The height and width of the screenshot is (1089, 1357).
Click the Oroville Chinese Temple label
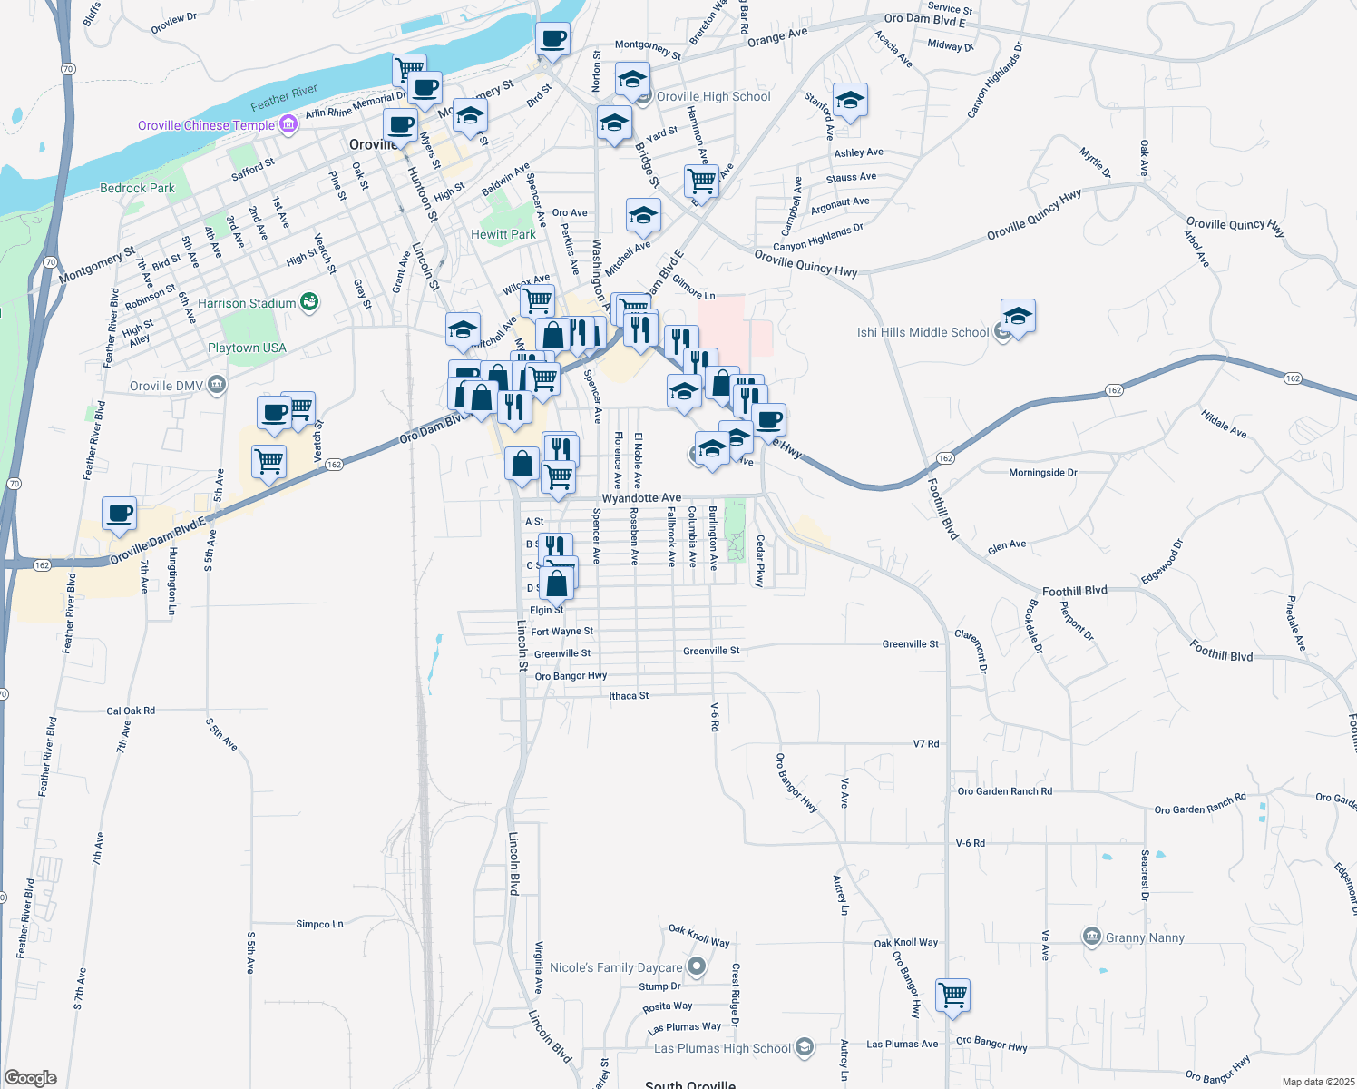[206, 125]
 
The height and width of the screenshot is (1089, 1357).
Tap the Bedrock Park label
[137, 188]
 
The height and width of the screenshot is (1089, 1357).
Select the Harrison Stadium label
[247, 303]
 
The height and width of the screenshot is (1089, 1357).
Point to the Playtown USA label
[247, 348]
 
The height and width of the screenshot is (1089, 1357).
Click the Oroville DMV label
[167, 386]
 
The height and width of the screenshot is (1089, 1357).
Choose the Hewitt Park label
[503, 234]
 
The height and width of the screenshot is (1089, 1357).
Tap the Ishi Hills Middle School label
[923, 332]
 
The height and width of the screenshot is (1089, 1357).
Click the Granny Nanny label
[1145, 937]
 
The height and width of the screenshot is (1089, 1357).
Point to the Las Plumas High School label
[722, 1048]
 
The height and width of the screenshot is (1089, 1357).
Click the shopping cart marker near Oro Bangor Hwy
[953, 995]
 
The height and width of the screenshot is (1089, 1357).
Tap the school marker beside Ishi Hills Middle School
[1018, 317]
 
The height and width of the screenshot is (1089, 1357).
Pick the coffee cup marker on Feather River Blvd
[120, 514]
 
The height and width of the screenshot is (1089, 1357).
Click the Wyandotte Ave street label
[641, 498]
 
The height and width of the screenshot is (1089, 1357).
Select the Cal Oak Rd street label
[131, 711]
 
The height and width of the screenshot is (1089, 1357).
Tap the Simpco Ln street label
[319, 924]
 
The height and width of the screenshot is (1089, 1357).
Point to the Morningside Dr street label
[1042, 473]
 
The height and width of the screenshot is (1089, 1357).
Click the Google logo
[31, 1077]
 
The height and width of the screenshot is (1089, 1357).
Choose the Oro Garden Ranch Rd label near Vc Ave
[1004, 791]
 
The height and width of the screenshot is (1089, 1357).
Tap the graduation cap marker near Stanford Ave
[850, 101]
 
